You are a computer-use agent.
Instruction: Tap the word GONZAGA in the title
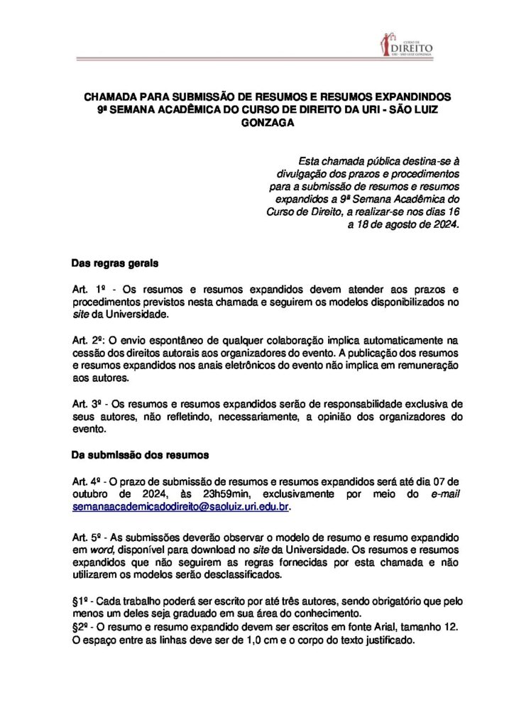(x=267, y=122)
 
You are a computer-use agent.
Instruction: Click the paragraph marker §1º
(x=83, y=601)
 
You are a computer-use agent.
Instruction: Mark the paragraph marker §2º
(x=83, y=626)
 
